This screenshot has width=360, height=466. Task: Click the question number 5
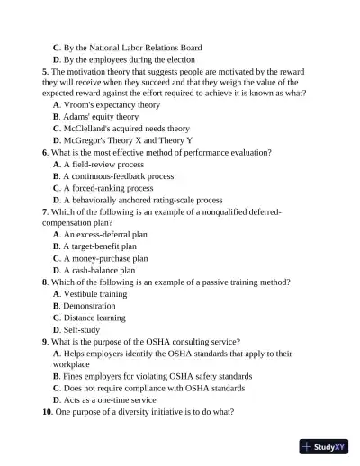point(45,71)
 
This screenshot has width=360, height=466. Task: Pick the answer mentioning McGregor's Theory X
point(129,140)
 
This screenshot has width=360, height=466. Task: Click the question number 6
point(45,153)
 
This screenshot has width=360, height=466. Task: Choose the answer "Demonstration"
point(89,306)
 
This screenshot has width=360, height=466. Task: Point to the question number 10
point(48,411)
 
